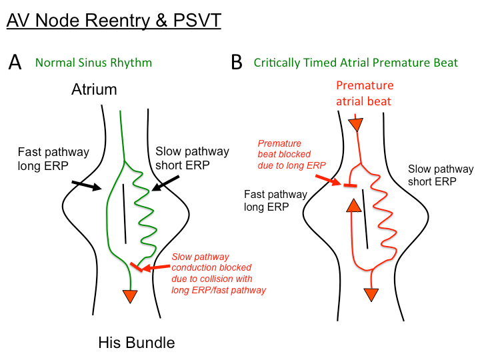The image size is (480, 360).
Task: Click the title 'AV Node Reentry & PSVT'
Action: [x=113, y=20]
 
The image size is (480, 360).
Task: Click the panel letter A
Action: [x=16, y=63]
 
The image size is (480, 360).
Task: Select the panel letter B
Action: [x=236, y=63]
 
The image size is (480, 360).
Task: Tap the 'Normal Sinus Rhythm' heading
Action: [x=93, y=63]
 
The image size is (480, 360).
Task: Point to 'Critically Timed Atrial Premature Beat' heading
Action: [x=355, y=63]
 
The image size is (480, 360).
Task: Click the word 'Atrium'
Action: [x=94, y=89]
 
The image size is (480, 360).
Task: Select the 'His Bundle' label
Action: [x=136, y=343]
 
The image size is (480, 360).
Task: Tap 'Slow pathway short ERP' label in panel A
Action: [x=192, y=158]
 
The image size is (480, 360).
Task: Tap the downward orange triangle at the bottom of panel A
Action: [x=131, y=296]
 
